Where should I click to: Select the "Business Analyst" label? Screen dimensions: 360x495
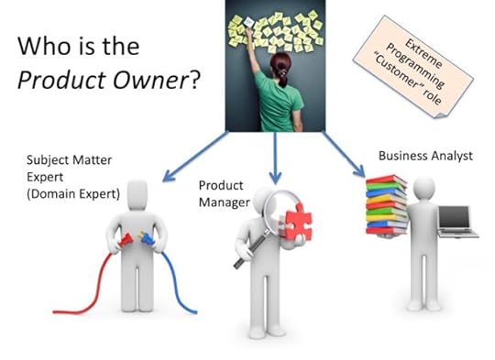[425, 156]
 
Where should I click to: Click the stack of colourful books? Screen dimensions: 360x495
[386, 207]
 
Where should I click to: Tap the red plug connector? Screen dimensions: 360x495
[126, 241]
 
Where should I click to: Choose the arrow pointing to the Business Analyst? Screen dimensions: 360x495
[337, 152]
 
